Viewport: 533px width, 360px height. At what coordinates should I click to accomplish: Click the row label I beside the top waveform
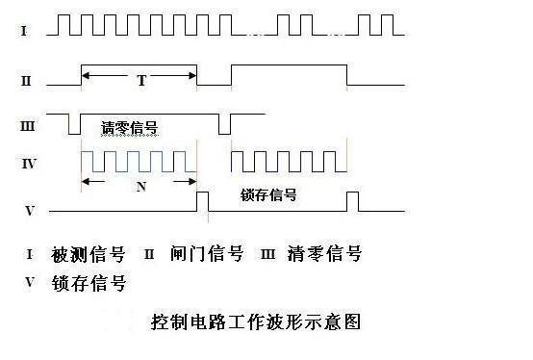(24, 32)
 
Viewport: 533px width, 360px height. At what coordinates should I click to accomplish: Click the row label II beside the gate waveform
(26, 81)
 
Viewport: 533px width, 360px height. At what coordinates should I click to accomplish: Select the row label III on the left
(28, 125)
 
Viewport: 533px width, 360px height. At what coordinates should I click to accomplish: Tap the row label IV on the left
(29, 165)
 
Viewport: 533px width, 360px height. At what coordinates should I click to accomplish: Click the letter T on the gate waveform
(140, 82)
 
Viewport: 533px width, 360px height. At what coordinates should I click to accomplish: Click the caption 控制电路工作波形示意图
(255, 321)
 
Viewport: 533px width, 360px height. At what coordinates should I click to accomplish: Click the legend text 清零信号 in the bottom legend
(328, 255)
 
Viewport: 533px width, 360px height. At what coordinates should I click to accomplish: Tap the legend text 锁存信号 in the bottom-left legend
(89, 284)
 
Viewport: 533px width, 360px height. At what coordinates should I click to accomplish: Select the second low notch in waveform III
(224, 125)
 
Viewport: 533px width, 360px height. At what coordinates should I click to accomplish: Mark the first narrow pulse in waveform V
(202, 201)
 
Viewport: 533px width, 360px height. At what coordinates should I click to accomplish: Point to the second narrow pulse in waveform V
(352, 201)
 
